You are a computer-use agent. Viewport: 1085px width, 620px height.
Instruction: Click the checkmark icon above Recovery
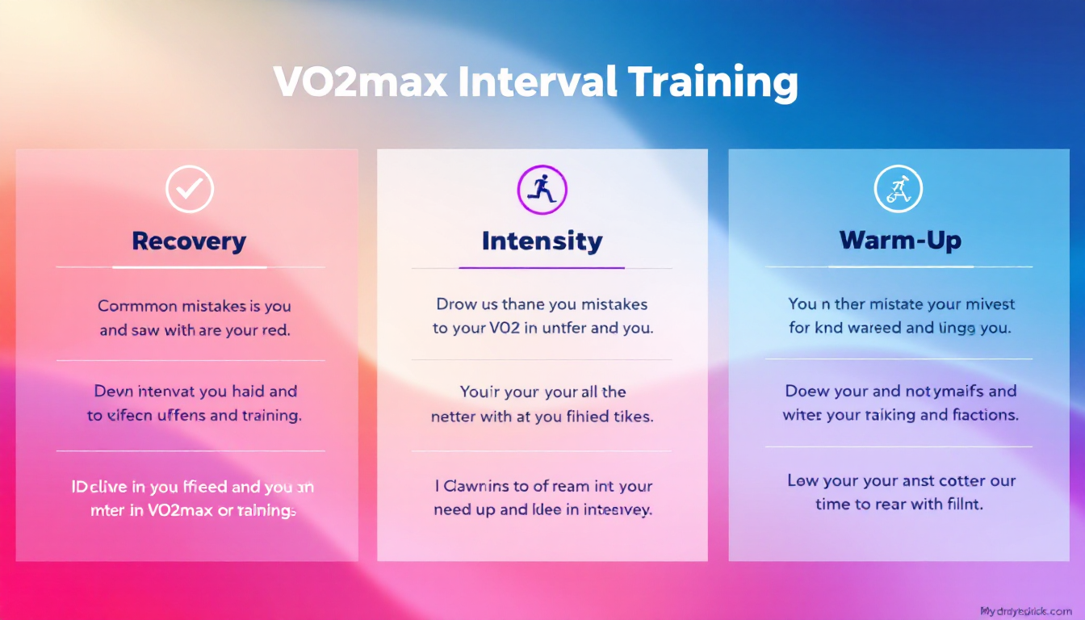(x=190, y=190)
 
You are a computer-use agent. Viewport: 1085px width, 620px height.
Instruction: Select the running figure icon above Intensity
(x=542, y=190)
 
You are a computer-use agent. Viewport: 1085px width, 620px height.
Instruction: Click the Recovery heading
(x=189, y=241)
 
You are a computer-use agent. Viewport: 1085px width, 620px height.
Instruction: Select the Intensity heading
(x=542, y=241)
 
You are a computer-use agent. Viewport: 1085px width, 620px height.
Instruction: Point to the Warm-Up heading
(x=899, y=240)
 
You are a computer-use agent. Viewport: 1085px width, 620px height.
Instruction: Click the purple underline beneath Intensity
(x=542, y=267)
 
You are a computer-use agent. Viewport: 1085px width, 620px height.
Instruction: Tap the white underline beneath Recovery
(x=190, y=267)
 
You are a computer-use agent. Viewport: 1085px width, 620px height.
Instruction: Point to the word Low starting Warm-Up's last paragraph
(x=802, y=481)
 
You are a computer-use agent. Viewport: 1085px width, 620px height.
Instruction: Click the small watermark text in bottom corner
(x=1025, y=611)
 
